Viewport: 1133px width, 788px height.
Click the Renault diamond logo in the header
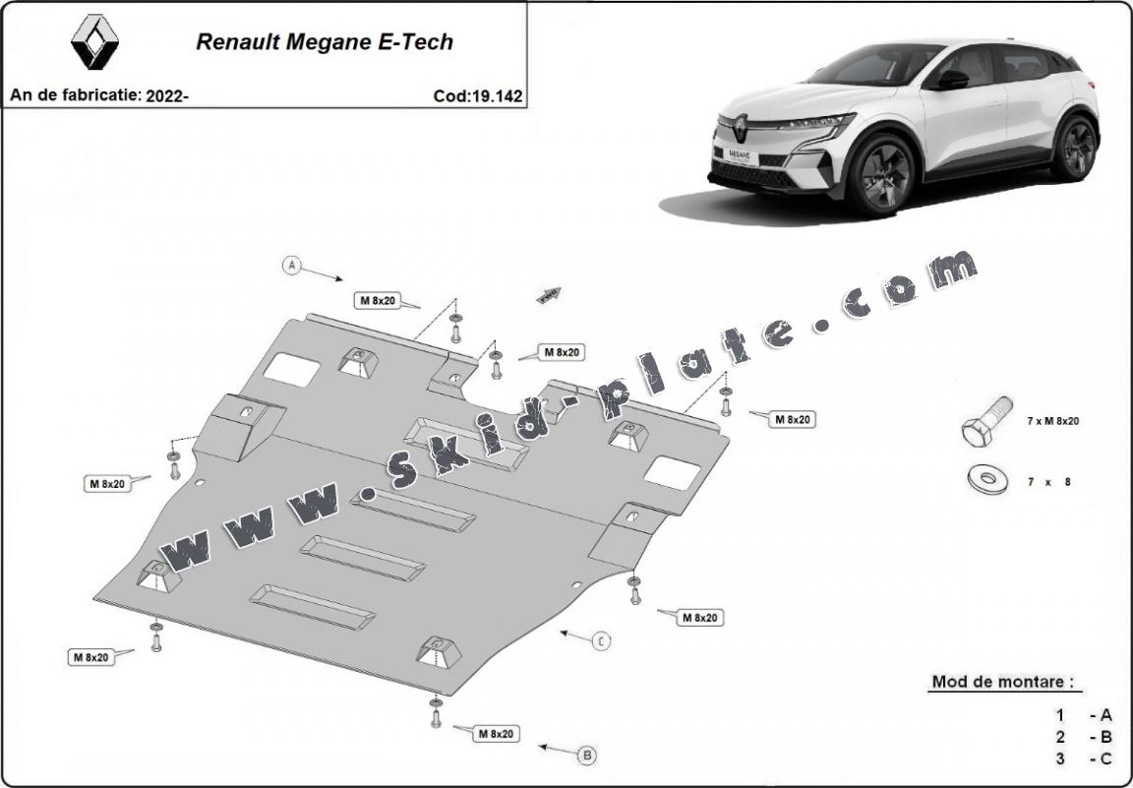pos(94,42)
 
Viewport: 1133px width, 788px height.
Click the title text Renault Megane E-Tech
pos(325,42)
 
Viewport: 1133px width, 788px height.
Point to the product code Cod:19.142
pos(477,96)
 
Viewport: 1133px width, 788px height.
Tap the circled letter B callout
pos(587,756)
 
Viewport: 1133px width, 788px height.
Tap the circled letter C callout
pos(601,641)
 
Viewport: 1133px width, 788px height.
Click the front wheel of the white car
pos(881,175)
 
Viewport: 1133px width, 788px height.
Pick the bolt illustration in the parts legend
pos(986,423)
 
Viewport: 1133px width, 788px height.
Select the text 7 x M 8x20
pos(1052,421)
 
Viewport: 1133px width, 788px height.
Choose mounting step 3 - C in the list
pos(1083,758)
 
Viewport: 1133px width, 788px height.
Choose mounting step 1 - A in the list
pos(1083,715)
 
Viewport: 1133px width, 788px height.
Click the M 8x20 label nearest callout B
pos(498,733)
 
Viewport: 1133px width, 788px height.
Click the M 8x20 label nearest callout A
pos(378,300)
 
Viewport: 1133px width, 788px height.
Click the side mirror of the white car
pos(952,80)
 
